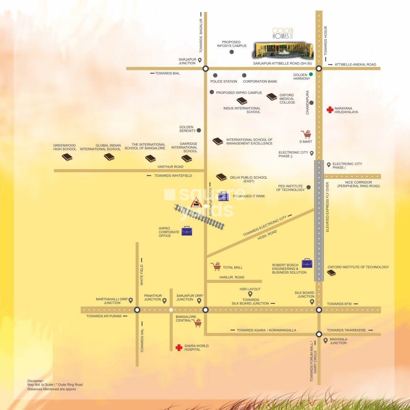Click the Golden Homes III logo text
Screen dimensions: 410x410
click(283, 34)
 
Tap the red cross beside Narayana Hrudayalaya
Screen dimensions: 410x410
click(330, 110)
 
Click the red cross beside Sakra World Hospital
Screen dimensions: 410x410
click(179, 347)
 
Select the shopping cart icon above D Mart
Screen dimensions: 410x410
click(306, 134)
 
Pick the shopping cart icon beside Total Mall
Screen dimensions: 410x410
click(216, 267)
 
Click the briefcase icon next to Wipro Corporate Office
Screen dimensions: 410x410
click(187, 231)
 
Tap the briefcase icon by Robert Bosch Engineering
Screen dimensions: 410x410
click(307, 263)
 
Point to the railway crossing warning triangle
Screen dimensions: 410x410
click(196, 203)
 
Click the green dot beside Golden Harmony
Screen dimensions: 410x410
click(311, 74)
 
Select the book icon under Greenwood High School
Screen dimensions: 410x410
click(67, 157)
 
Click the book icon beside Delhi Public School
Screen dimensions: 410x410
click(221, 177)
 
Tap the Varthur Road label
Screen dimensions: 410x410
click(170, 167)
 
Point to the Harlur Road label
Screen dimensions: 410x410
click(232, 277)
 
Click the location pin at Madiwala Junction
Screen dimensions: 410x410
click(325, 341)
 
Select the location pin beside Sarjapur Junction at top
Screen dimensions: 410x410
click(200, 60)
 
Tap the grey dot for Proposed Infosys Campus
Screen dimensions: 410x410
click(232, 52)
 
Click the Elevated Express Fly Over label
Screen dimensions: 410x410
click(328, 207)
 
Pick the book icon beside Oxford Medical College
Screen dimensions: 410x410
click(272, 97)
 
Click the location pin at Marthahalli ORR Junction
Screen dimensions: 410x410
click(131, 300)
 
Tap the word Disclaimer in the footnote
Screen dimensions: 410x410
click(35, 381)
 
